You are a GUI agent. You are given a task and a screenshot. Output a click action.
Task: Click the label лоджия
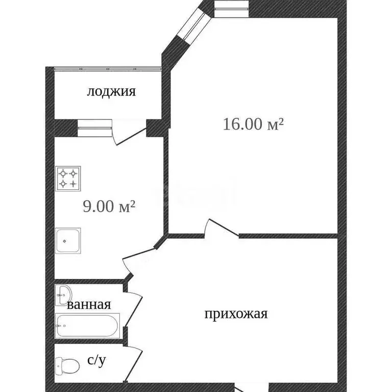point(111,92)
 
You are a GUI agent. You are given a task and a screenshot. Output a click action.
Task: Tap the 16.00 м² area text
point(253,124)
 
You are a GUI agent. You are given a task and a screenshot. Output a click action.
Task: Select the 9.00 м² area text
point(109,206)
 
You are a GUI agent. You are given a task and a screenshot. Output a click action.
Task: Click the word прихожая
point(236,314)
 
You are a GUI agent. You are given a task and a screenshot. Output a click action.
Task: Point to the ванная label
point(89,305)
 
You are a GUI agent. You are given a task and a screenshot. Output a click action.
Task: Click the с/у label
point(96,361)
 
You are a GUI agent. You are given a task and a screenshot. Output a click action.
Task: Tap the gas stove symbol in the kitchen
point(69,179)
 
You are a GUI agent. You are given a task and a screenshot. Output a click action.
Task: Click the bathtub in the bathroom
point(87,326)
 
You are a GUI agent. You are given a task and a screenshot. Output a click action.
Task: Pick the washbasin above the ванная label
point(64,293)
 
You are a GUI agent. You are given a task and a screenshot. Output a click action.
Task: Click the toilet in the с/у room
point(67,365)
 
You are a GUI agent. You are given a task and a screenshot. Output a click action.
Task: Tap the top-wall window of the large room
point(231,6)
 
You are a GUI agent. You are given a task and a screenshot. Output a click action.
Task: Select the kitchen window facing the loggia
point(94,128)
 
